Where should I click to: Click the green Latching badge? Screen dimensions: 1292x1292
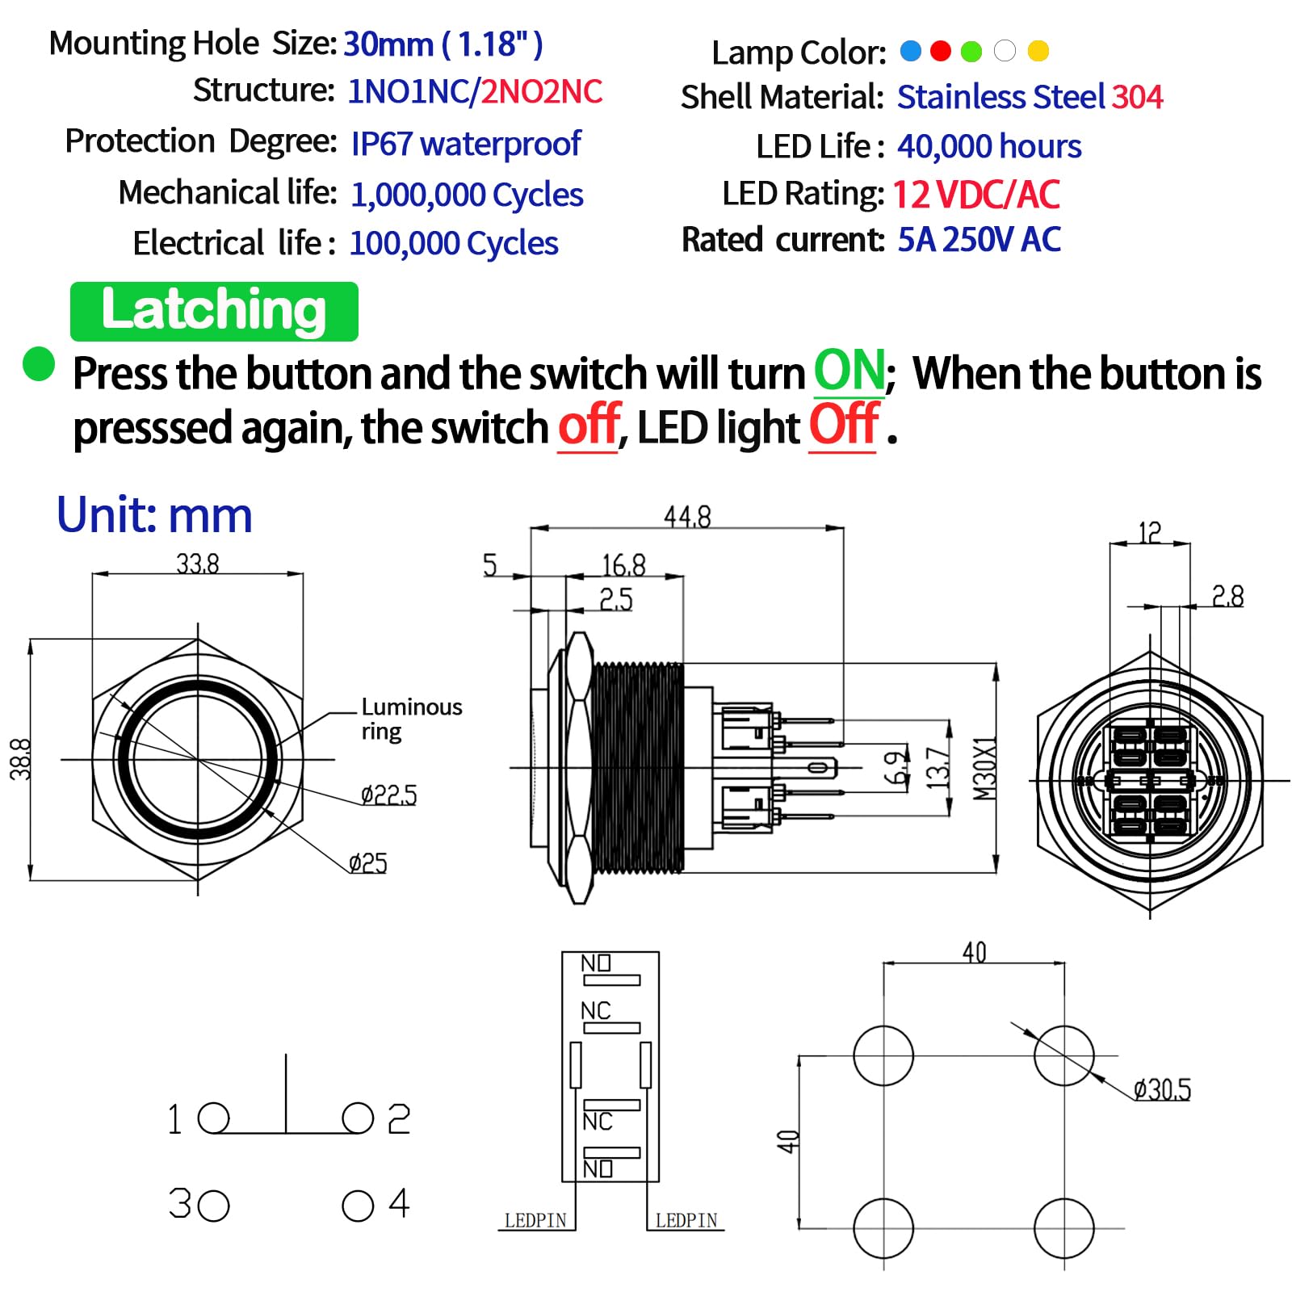pyautogui.click(x=214, y=311)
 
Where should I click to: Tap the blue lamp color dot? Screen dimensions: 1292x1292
pyautogui.click(x=910, y=52)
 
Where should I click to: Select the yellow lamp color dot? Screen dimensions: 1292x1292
pyautogui.click(x=1038, y=52)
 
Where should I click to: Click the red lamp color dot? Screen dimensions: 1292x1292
pyautogui.click(x=941, y=52)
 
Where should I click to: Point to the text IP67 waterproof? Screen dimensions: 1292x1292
pyautogui.click(x=466, y=144)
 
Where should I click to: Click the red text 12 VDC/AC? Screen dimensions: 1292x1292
pyautogui.click(x=975, y=195)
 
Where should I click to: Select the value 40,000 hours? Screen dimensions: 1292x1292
pyautogui.click(x=989, y=147)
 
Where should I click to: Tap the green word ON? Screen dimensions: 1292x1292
pyautogui.click(x=849, y=371)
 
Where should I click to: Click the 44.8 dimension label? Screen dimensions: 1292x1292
pyautogui.click(x=687, y=517)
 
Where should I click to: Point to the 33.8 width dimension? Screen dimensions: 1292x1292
pyautogui.click(x=198, y=564)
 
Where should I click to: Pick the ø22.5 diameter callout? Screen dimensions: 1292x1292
pyautogui.click(x=389, y=795)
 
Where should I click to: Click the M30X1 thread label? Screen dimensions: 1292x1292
pyautogui.click(x=985, y=768)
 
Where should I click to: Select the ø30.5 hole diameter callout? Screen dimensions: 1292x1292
pyautogui.click(x=1162, y=1089)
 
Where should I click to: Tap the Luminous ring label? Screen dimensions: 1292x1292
pyautogui.click(x=411, y=719)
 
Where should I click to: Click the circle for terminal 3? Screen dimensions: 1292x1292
pyautogui.click(x=214, y=1206)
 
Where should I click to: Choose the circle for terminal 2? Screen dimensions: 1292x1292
pyautogui.click(x=358, y=1118)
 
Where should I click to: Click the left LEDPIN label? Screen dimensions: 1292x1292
pyautogui.click(x=535, y=1220)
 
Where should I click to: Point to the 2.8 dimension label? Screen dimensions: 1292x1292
pyautogui.click(x=1227, y=597)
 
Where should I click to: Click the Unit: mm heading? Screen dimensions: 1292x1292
pyautogui.click(x=154, y=515)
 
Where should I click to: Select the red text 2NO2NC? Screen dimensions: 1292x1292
pyautogui.click(x=542, y=92)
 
